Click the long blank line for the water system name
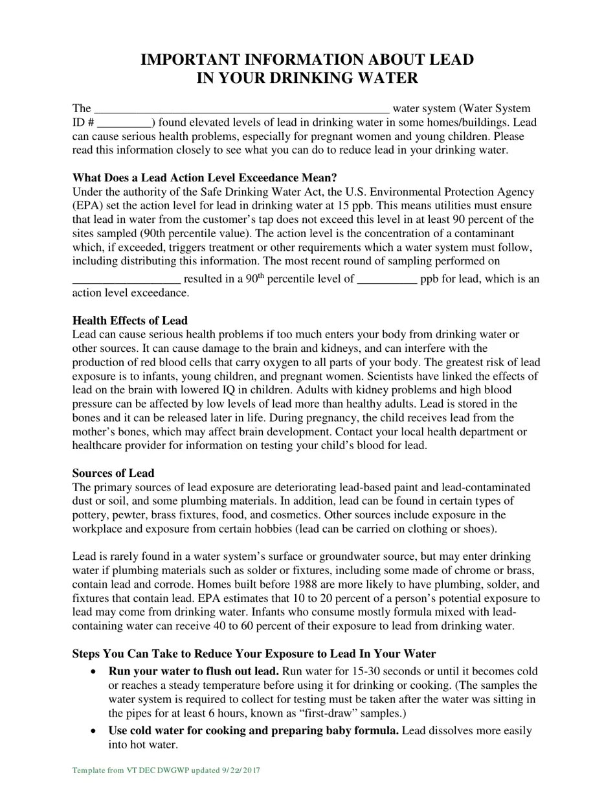click(241, 109)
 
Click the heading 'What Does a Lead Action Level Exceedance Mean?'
click(205, 178)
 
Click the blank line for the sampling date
click(126, 280)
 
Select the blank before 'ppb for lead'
click(386, 280)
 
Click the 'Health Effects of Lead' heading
click(130, 321)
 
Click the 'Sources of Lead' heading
click(113, 473)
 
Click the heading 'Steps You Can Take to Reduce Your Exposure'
click(254, 654)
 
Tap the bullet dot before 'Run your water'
click(95, 672)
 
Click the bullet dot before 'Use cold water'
click(95, 731)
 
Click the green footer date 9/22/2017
click(241, 770)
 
